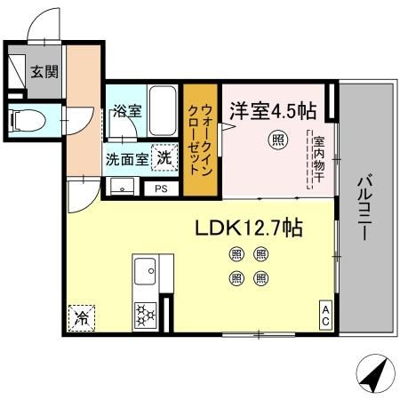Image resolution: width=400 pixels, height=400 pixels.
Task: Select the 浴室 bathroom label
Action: pos(127,112)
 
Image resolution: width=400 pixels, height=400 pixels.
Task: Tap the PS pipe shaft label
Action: pos(161,188)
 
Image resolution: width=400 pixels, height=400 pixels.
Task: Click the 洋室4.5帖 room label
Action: pos(271,111)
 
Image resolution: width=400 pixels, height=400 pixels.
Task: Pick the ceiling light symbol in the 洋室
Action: pos(278,140)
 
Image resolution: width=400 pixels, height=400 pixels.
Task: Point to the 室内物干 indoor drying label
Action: pos(317,159)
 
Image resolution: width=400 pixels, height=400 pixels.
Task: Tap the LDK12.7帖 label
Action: pos(249,228)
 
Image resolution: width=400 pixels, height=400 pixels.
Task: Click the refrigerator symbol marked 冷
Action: pos(82,316)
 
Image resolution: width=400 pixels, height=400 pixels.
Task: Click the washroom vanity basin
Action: pos(121,187)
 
